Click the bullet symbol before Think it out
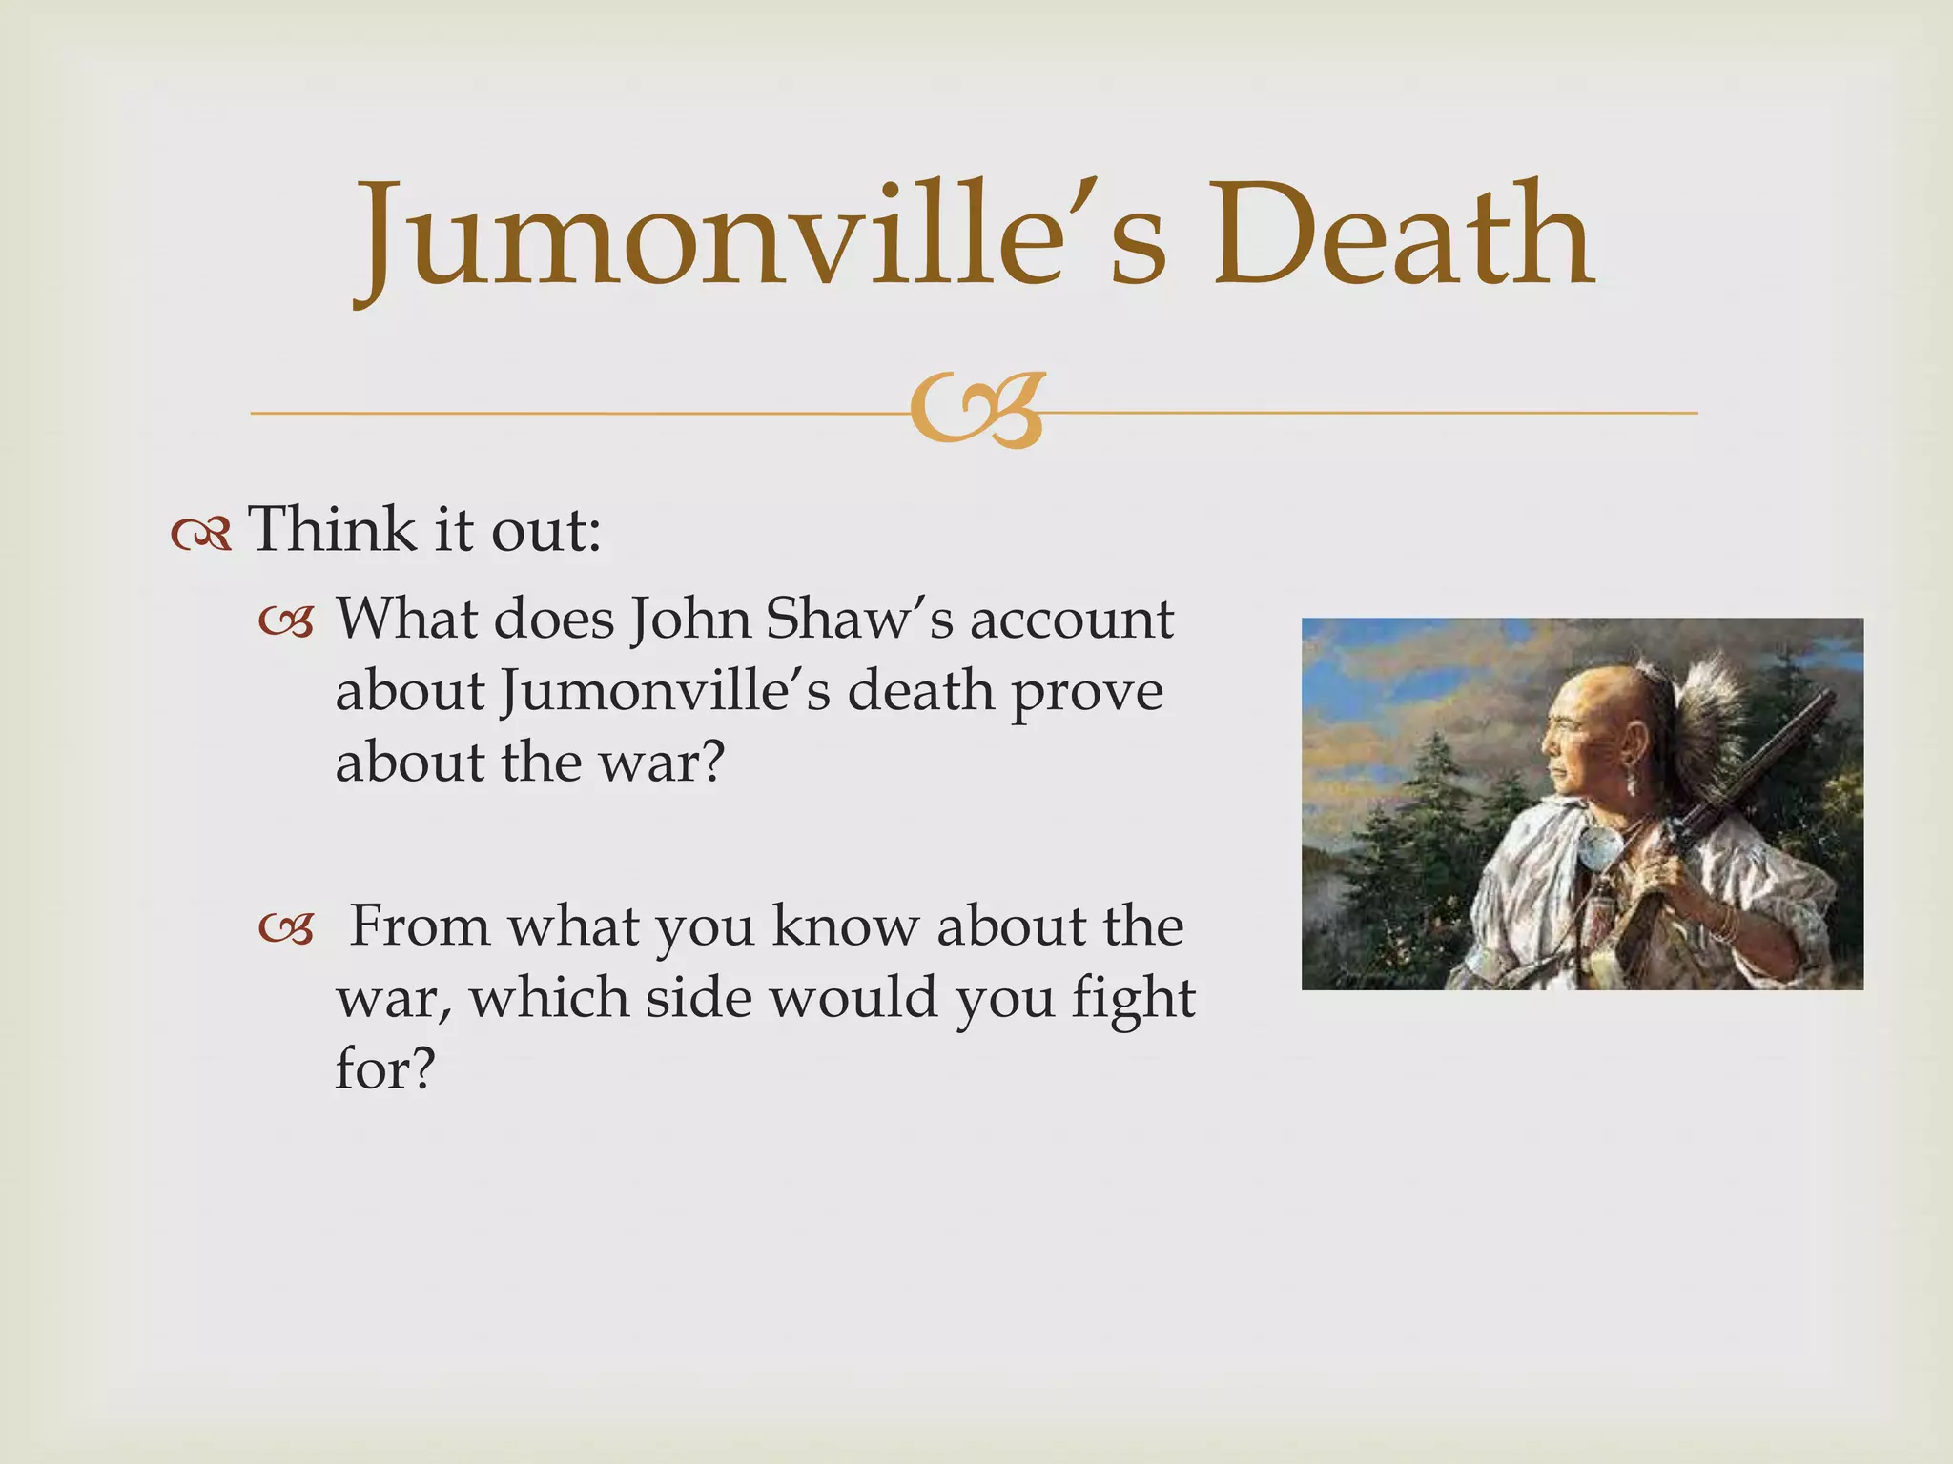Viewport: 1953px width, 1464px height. pyautogui.click(x=201, y=536)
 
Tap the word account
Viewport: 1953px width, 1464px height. pyautogui.click(x=1072, y=621)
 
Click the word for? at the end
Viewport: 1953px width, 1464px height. pyautogui.click(x=384, y=1069)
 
